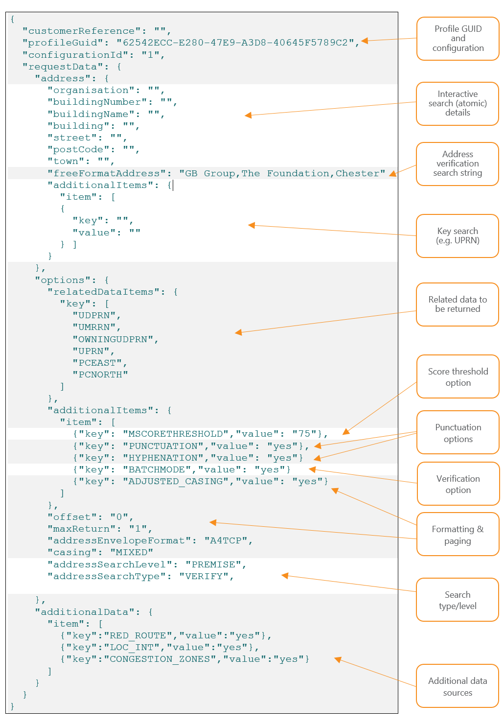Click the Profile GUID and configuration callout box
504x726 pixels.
click(458, 39)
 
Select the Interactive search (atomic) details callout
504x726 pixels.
click(458, 104)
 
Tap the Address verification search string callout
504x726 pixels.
click(458, 164)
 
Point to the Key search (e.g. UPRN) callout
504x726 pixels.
click(458, 236)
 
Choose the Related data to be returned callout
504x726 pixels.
click(458, 304)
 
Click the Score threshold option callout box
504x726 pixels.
click(458, 377)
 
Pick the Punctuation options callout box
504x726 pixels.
click(458, 433)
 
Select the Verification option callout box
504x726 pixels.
click(458, 484)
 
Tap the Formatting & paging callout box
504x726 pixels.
click(458, 535)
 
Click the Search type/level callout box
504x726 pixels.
click(458, 600)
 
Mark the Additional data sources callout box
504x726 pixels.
click(458, 686)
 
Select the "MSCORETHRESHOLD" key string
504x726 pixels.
click(176, 434)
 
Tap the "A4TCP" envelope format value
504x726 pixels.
click(226, 541)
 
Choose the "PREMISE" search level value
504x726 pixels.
click(213, 564)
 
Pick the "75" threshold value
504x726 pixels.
click(304, 434)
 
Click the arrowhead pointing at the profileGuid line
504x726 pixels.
click(365, 41)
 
